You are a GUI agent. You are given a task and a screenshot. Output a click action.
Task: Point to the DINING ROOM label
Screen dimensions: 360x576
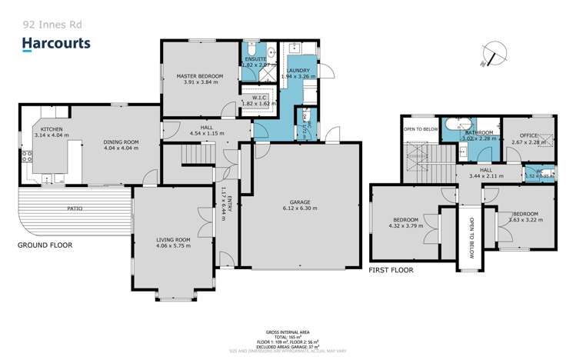pos(121,142)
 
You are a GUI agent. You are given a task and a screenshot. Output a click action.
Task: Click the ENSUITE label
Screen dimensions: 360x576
pos(255,59)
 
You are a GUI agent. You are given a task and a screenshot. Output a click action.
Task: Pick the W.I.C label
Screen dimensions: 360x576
pos(255,97)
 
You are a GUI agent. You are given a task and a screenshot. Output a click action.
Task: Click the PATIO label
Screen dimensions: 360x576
pos(74,208)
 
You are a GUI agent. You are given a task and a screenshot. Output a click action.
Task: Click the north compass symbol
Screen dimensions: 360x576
pos(489,54)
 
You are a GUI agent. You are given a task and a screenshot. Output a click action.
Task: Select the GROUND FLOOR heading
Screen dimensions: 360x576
pos(45,245)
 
